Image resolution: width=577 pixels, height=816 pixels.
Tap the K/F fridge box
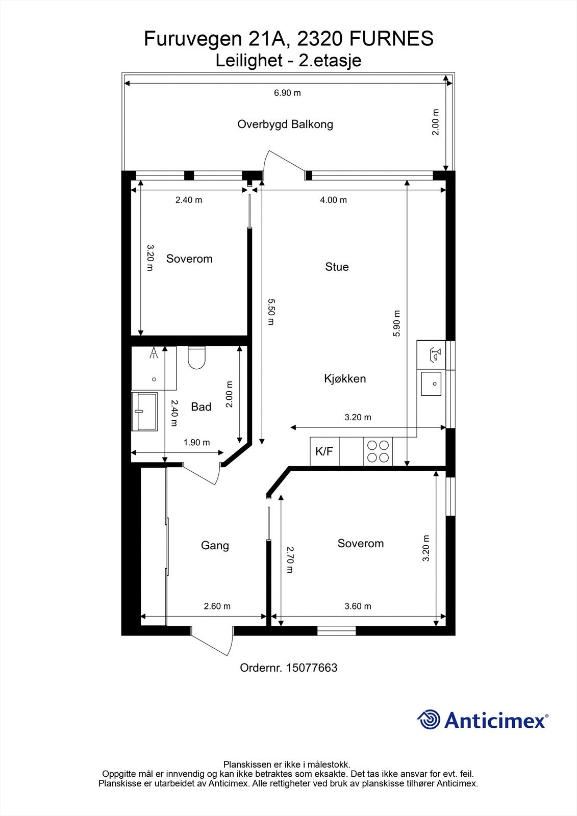(x=324, y=451)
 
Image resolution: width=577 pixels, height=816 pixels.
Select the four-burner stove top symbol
(x=379, y=451)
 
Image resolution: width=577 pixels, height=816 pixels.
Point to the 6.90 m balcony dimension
(x=287, y=93)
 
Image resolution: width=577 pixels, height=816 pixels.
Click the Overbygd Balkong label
(x=285, y=124)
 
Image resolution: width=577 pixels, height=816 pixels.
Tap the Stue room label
(x=337, y=267)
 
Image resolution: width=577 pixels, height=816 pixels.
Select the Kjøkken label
(x=345, y=378)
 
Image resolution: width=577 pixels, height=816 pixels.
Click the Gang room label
(x=215, y=545)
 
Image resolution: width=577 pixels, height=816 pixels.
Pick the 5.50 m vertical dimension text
(x=271, y=312)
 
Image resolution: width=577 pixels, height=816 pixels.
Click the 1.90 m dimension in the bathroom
(x=196, y=443)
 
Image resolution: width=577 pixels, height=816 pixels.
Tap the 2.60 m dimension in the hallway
(x=217, y=606)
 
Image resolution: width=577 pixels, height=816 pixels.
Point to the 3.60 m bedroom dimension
(x=358, y=606)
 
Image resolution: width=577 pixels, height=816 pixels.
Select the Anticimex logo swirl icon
(x=429, y=720)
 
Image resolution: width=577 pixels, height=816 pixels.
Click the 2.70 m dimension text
(x=290, y=559)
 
